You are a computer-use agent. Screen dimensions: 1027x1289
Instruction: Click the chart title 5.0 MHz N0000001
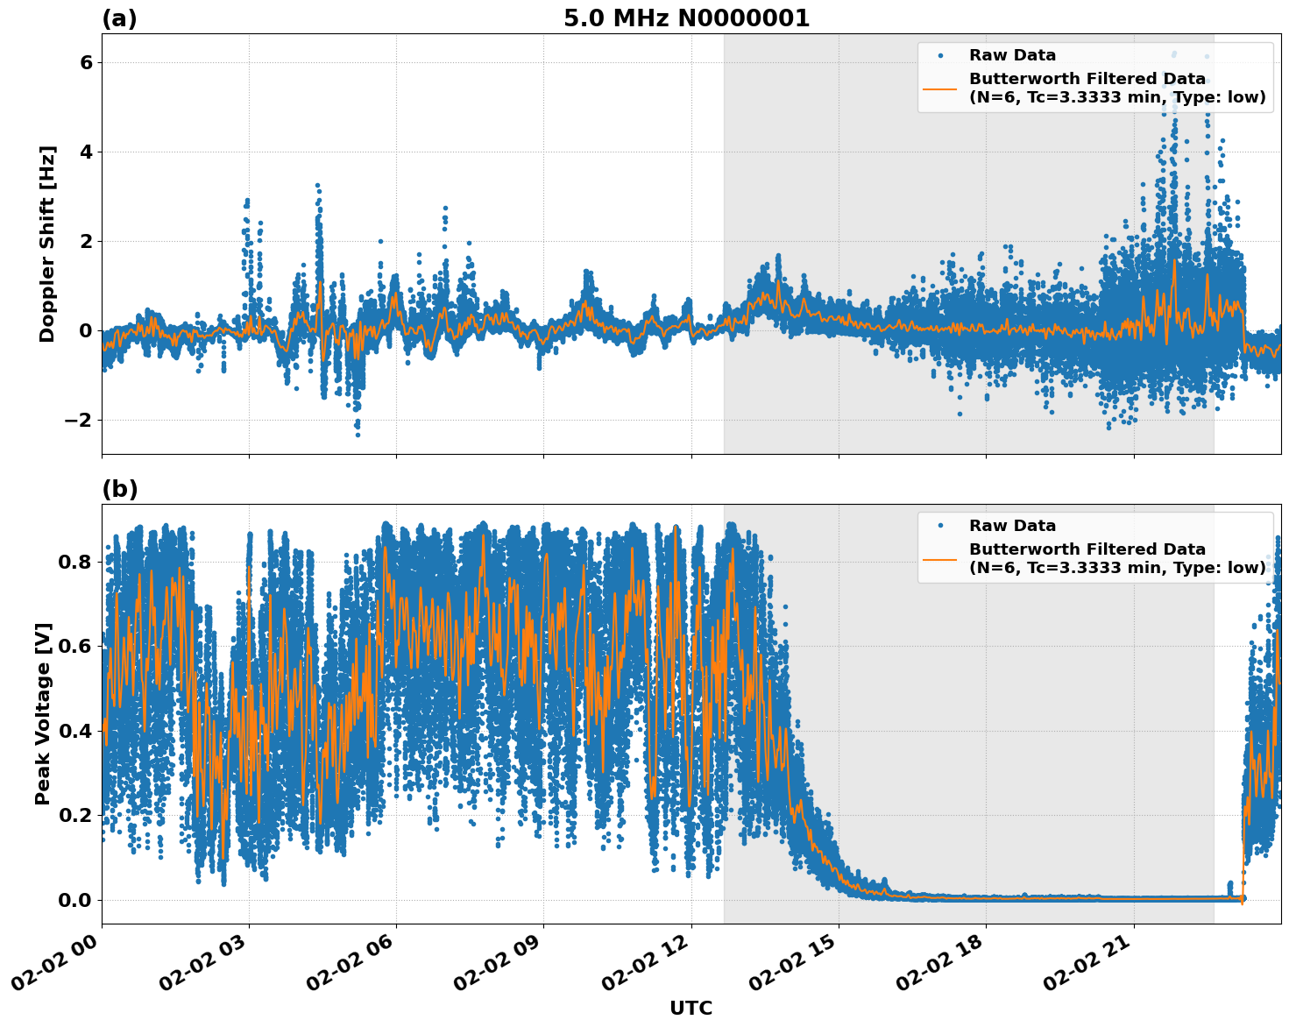pyautogui.click(x=686, y=18)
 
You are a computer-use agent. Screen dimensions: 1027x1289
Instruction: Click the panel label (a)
pyautogui.click(x=119, y=18)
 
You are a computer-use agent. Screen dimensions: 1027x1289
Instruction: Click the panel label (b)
pyautogui.click(x=119, y=489)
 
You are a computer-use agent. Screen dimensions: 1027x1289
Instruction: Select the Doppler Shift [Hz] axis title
pyautogui.click(x=47, y=244)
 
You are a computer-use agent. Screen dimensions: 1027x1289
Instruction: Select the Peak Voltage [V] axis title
pyautogui.click(x=43, y=713)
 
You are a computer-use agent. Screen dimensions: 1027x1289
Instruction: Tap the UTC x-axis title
pyautogui.click(x=691, y=1008)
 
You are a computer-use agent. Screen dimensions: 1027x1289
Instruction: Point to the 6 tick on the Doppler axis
pyautogui.click(x=87, y=62)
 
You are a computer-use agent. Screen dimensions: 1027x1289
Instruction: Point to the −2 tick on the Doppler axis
pyautogui.click(x=79, y=420)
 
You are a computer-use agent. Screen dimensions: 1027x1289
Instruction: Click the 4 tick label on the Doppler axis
pyautogui.click(x=87, y=152)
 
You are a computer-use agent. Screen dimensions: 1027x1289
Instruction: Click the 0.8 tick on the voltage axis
pyautogui.click(x=75, y=561)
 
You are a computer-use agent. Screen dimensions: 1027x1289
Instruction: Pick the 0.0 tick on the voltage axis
pyautogui.click(x=75, y=900)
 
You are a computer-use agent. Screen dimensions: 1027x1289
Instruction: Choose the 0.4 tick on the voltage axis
pyautogui.click(x=75, y=731)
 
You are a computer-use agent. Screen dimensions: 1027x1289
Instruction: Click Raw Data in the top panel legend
pyautogui.click(x=1012, y=55)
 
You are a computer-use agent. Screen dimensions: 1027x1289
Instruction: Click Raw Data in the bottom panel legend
pyautogui.click(x=1012, y=526)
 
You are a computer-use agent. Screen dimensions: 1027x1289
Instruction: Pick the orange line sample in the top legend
pyautogui.click(x=939, y=88)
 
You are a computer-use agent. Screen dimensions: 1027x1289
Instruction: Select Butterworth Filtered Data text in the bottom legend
pyautogui.click(x=1087, y=549)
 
